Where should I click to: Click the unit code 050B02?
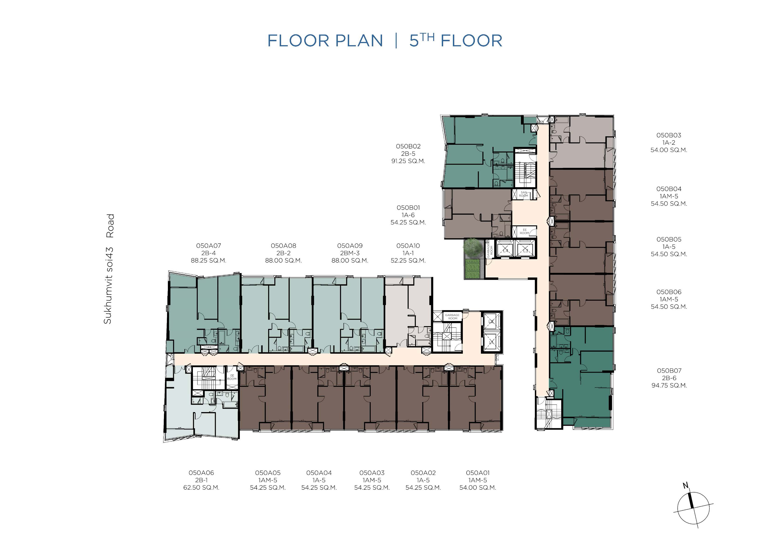pyautogui.click(x=408, y=146)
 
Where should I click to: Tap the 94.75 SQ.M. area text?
pyautogui.click(x=669, y=385)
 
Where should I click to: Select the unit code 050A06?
pyautogui.click(x=201, y=473)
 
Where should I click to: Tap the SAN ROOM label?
pyautogui.click(x=524, y=194)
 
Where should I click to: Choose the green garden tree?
pyautogui.click(x=472, y=247)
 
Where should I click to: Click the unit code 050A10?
pyautogui.click(x=408, y=246)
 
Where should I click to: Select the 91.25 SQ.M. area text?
pyautogui.click(x=408, y=161)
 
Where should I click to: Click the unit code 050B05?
pyautogui.click(x=669, y=240)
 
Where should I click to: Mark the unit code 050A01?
pyautogui.click(x=478, y=473)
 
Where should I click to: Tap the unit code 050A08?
pyautogui.click(x=284, y=246)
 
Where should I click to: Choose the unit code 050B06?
pyautogui.click(x=669, y=292)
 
